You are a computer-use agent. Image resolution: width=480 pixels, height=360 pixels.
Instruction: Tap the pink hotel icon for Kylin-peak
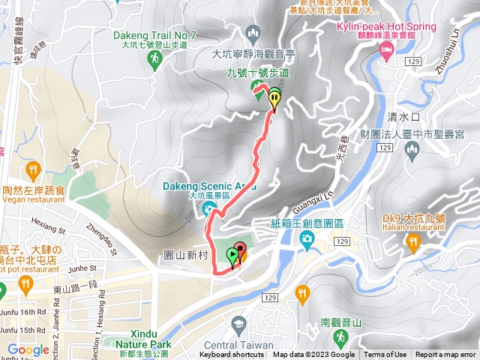[x=387, y=50]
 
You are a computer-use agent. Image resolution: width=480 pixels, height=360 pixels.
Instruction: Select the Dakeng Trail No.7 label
[x=156, y=35]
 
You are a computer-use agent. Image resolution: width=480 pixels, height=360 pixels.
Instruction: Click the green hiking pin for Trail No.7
[x=156, y=63]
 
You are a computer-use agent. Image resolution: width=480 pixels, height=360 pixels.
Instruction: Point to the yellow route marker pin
[x=275, y=98]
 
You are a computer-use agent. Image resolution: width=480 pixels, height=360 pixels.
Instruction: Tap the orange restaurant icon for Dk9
[x=412, y=241]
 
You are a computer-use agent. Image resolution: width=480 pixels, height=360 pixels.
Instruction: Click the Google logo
[x=28, y=349]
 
